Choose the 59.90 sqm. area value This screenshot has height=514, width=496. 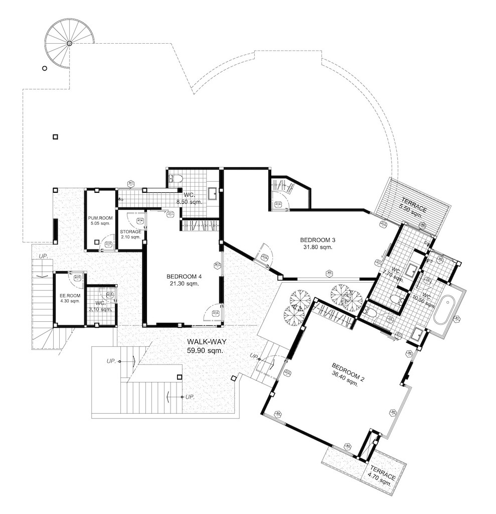tap(205, 350)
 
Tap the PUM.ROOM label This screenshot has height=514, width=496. tap(100, 218)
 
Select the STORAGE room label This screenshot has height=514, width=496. tap(130, 232)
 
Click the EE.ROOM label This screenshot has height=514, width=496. tap(69, 295)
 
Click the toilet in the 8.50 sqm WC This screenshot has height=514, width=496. tap(176, 179)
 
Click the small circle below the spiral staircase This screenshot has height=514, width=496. tap(45, 69)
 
